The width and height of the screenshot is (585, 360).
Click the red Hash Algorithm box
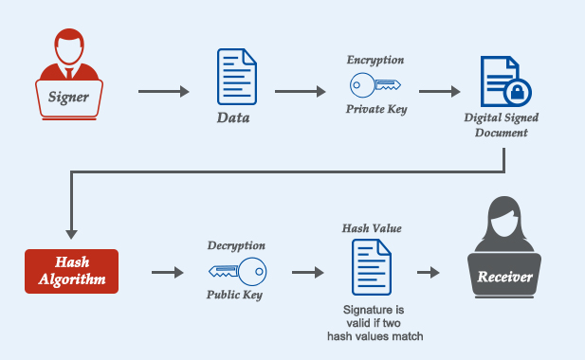click(72, 271)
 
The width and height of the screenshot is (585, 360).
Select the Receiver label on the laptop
click(504, 279)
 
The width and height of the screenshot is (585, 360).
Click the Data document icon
click(236, 77)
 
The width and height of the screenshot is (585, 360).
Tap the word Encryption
click(375, 60)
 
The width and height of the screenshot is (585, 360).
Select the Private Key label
click(375, 109)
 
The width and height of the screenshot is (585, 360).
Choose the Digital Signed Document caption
click(502, 126)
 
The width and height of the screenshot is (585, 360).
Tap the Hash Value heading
click(372, 229)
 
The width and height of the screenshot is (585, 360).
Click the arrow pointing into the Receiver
click(429, 273)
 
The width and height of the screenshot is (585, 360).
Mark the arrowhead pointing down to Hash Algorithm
click(70, 233)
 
